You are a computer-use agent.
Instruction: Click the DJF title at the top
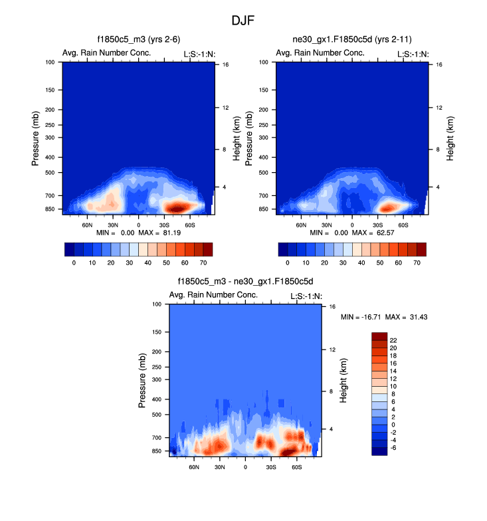pos(243,21)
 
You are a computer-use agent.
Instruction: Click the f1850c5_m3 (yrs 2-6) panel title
pos(138,41)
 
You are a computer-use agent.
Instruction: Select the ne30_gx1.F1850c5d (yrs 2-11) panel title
pos(351,41)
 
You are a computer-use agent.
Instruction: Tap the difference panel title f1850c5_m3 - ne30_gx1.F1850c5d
pos(245,282)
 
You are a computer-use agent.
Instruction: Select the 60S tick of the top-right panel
pos(403,225)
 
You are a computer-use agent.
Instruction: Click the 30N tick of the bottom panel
pos(220,467)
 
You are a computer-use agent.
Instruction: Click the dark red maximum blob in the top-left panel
pos(176,208)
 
